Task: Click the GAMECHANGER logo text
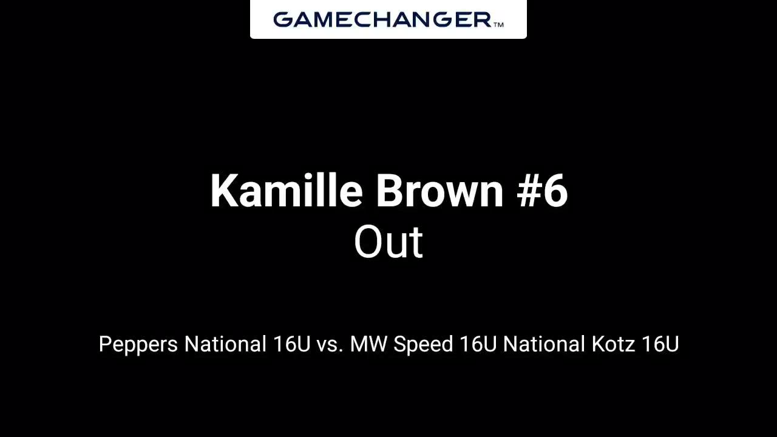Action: point(382,19)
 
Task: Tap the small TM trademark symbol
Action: point(498,24)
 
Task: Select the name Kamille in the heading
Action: point(287,191)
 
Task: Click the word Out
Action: point(388,242)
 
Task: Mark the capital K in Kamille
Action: point(223,190)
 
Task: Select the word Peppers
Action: point(138,345)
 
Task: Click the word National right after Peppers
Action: point(225,344)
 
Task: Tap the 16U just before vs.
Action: point(291,344)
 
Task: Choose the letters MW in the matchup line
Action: point(368,344)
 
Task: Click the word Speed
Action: point(423,345)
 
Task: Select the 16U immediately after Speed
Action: point(478,344)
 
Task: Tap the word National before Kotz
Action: point(544,344)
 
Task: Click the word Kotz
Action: point(613,344)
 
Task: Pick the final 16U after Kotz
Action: point(660,344)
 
